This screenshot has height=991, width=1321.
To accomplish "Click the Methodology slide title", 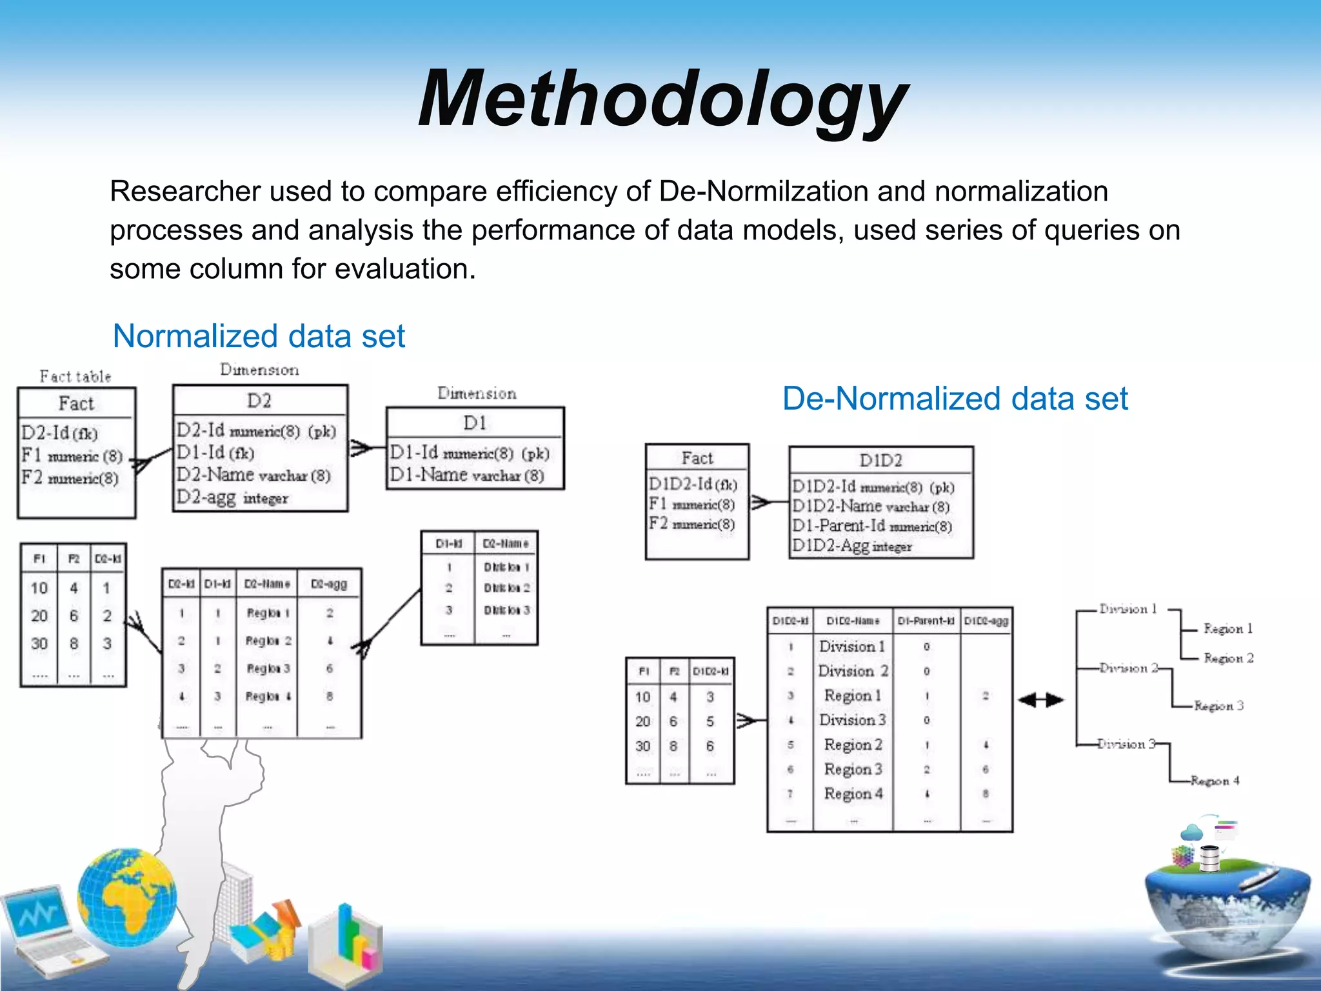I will tap(662, 100).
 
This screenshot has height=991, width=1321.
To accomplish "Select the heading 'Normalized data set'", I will tap(259, 336).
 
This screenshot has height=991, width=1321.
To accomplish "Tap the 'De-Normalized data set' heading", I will tap(955, 398).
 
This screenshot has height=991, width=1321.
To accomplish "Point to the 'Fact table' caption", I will tap(75, 376).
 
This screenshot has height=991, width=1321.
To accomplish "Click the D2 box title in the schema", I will tap(259, 401).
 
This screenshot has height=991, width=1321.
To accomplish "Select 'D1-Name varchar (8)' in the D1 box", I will tap(466, 475).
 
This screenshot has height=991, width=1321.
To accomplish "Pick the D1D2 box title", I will tap(880, 460).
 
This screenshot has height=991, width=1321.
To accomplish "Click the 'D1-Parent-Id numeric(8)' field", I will tap(871, 526).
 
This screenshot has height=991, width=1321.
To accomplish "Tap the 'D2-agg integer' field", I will tap(232, 497).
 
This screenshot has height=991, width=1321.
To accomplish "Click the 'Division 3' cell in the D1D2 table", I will tap(852, 719).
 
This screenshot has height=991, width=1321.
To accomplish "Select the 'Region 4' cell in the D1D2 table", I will tap(853, 794).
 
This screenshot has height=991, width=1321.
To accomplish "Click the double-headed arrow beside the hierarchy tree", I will tap(1040, 700).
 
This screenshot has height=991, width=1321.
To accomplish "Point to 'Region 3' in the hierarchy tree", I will tap(1218, 706).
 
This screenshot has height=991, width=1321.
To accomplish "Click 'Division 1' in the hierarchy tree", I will tap(1128, 609).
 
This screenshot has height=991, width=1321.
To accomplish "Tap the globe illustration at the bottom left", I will tap(127, 897).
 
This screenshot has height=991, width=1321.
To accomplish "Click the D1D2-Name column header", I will tap(853, 621).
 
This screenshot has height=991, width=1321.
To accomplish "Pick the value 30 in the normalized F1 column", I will tap(39, 643).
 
